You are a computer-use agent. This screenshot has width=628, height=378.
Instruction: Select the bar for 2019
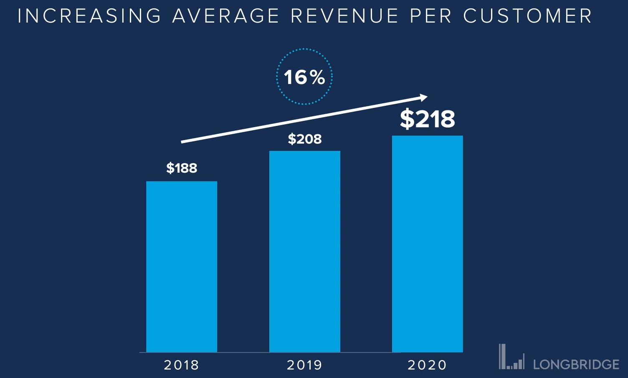tap(305, 251)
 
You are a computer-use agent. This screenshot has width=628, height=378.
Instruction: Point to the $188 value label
tap(182, 168)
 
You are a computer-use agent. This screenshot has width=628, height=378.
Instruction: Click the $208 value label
tap(305, 139)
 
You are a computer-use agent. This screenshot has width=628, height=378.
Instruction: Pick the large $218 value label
tap(428, 119)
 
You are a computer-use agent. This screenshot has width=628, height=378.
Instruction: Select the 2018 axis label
tap(182, 365)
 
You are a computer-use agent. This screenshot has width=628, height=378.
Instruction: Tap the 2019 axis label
tap(305, 365)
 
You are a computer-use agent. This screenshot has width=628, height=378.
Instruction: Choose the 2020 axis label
tap(427, 365)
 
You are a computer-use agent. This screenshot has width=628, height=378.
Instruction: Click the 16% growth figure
tap(304, 77)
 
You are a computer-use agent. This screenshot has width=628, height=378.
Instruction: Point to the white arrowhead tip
tap(426, 97)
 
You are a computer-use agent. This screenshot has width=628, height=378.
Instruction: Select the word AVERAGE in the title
tap(226, 16)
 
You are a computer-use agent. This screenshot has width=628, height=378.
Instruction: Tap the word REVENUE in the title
tap(344, 16)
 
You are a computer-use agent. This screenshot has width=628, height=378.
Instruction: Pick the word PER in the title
tap(431, 16)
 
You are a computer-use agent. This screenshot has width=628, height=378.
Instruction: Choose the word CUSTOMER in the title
tap(527, 16)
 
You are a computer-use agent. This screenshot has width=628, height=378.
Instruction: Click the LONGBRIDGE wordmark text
tap(576, 364)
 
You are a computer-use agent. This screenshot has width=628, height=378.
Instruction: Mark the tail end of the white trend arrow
tap(182, 142)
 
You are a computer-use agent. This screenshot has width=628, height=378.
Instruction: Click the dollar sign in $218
tap(407, 119)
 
